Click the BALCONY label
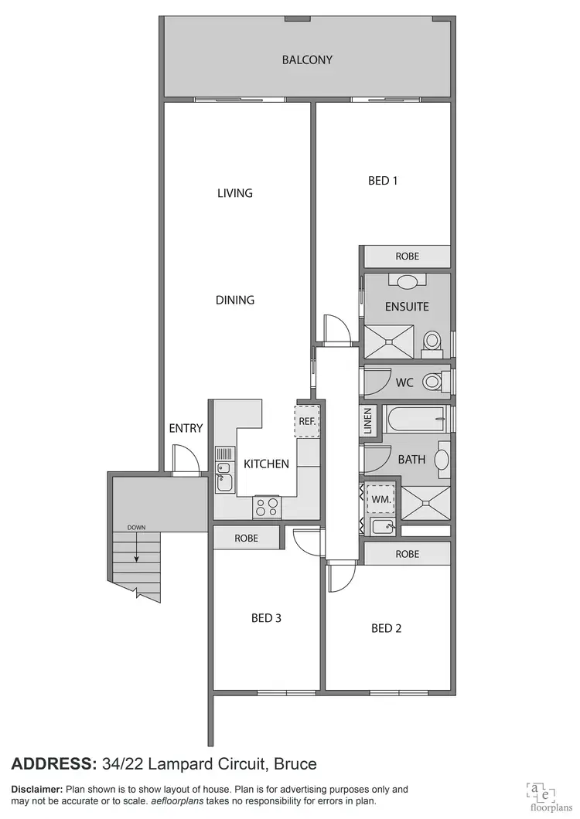307,59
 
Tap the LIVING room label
235,193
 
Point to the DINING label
235,300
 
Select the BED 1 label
383,181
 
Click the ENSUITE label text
407,307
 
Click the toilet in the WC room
434,381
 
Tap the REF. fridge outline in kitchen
309,421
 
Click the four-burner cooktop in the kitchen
268,506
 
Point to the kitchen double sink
225,474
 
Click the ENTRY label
186,428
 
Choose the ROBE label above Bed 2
407,554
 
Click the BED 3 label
267,618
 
